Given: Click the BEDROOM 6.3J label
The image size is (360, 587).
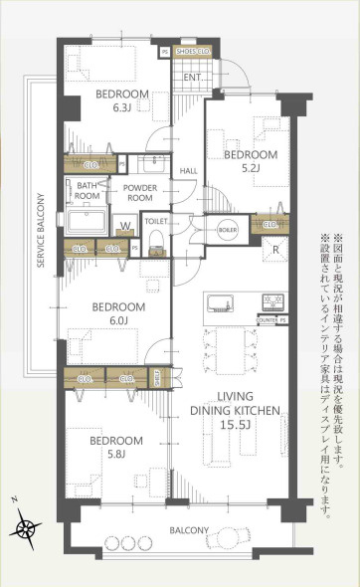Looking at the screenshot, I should coord(121,100).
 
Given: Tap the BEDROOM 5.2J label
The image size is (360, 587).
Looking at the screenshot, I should coord(250,162).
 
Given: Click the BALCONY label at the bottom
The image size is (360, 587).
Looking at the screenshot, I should coord(189,530).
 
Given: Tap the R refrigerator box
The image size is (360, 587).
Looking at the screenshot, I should coord(275,250).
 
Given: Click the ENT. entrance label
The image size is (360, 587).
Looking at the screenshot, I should coord(193,76).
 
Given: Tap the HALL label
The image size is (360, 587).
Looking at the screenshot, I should coord(188,171).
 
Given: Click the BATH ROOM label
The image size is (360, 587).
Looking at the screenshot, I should coord(88,190).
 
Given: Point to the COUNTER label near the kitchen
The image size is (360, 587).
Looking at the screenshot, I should coord(266,293).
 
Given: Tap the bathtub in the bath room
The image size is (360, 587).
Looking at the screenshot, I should coord(88,220).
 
